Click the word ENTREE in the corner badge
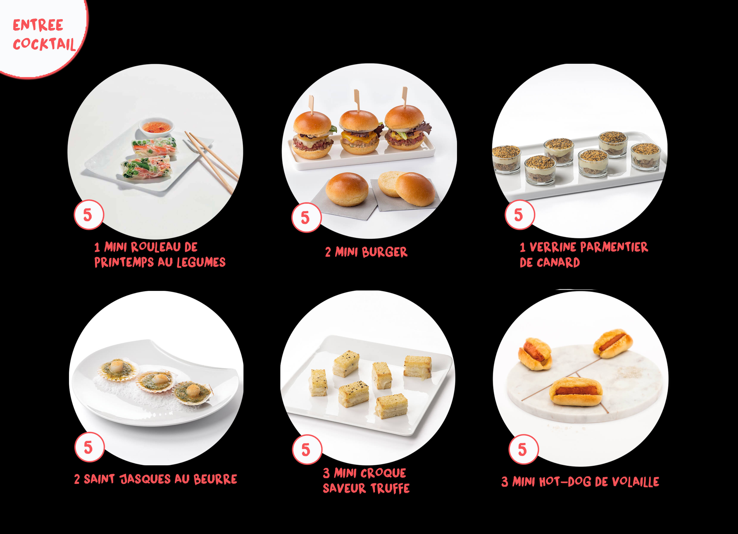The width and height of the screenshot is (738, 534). point(38,25)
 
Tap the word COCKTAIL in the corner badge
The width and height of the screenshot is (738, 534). point(44,44)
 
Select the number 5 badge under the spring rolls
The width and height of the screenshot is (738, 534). point(89,215)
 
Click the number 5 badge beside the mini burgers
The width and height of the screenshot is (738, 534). point(306,217)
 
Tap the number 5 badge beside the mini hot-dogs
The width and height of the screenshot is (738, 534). point(523,449)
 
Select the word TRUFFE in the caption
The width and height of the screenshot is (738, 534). point(390,488)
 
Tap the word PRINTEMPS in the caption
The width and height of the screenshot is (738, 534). point(124,262)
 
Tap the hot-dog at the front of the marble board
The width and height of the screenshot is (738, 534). point(576,391)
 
